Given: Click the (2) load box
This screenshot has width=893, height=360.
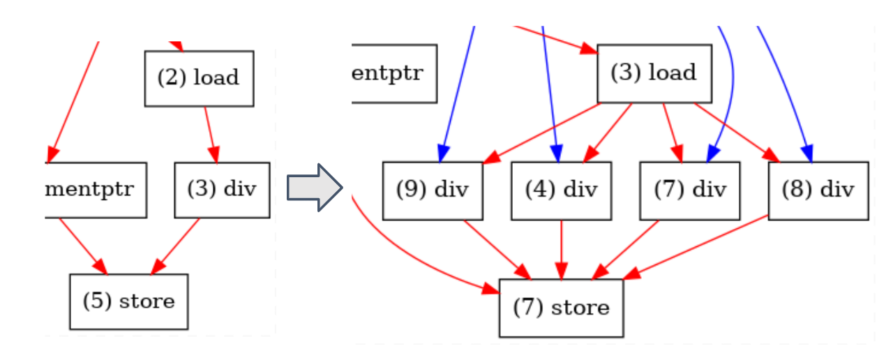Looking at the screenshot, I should (199, 78).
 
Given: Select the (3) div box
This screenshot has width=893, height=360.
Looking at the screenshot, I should (222, 190).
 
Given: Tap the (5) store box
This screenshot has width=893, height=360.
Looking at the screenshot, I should (128, 301).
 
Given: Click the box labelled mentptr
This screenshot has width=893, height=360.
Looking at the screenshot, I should (96, 190).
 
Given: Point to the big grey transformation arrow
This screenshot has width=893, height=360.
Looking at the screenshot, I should (315, 187).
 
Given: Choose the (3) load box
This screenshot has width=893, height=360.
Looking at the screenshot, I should (654, 73).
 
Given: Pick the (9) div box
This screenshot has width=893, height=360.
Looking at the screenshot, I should (433, 190).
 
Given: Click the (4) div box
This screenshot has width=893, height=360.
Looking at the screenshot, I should (562, 190).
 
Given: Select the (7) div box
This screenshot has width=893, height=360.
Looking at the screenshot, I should (690, 190).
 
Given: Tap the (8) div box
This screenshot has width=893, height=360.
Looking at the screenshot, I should (818, 190).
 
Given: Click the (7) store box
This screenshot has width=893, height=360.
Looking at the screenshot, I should (561, 308).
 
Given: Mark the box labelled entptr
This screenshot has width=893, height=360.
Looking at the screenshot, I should (394, 73).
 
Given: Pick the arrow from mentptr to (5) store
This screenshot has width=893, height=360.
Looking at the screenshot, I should (82, 245).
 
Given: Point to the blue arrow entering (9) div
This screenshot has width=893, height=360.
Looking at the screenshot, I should (458, 91).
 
